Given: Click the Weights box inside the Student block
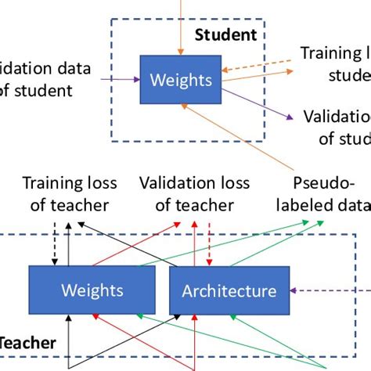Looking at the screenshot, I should tap(181, 79).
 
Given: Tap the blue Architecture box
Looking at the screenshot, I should tap(229, 291).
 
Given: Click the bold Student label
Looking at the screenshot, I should tap(225, 34).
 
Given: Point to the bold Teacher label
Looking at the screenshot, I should tap(27, 342).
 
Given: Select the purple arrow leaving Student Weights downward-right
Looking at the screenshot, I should tap(258, 102).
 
